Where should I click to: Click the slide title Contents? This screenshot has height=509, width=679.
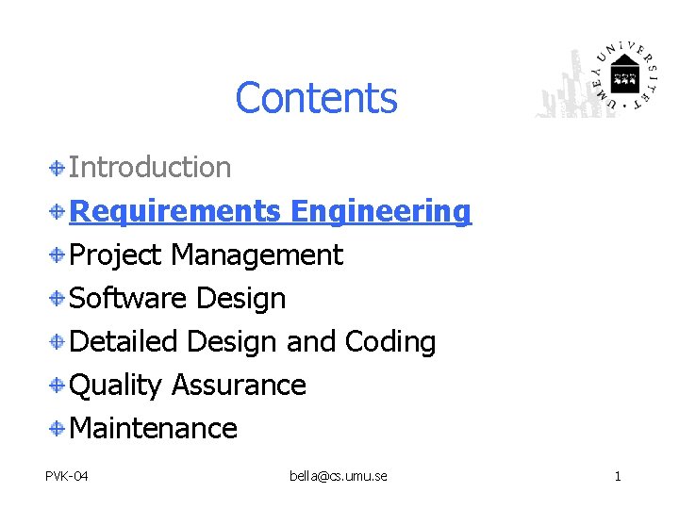[x=316, y=98]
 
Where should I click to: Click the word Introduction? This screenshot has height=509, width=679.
[x=151, y=168]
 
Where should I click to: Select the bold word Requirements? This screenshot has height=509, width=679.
[x=175, y=212]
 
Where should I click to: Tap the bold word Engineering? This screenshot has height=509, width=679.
[x=380, y=212]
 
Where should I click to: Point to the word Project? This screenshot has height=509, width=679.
[x=117, y=255]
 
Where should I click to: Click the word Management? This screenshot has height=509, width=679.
[x=257, y=255]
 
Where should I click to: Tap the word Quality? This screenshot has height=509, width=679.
[x=116, y=386]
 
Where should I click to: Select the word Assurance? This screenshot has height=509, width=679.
[x=239, y=386]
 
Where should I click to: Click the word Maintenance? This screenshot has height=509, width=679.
[x=154, y=429]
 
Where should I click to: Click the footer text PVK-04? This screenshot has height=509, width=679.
[x=67, y=476]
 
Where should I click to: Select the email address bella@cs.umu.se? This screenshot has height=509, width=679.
[x=339, y=476]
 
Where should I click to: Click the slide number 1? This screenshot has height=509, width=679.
[x=618, y=476]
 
